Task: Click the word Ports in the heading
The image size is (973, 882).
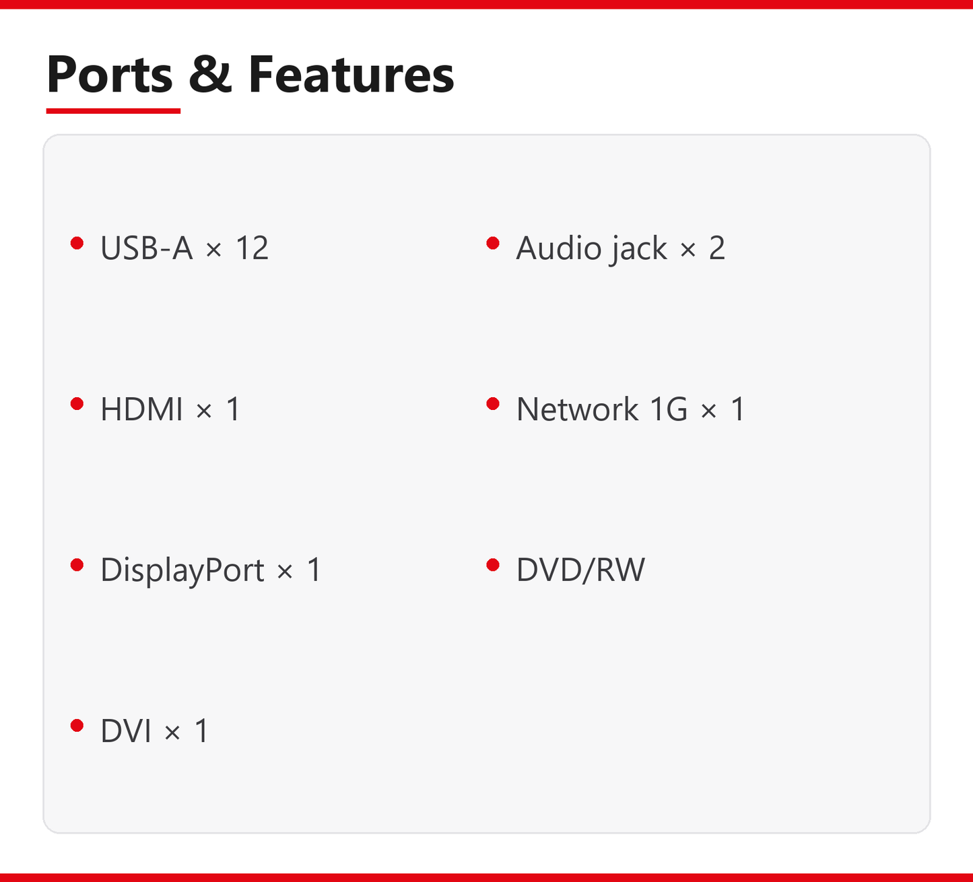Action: click(110, 74)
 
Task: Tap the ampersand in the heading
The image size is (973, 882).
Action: click(210, 74)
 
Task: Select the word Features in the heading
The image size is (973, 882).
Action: click(351, 74)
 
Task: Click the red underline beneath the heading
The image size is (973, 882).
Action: click(113, 111)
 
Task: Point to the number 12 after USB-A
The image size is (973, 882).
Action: click(252, 248)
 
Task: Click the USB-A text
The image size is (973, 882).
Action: click(147, 248)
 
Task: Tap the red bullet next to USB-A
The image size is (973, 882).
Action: click(77, 243)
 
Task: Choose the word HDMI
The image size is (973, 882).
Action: click(141, 409)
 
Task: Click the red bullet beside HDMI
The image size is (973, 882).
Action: click(77, 404)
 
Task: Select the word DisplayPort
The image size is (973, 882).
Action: click(182, 570)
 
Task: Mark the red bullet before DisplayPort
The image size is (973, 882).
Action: click(77, 565)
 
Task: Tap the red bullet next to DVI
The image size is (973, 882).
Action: click(77, 726)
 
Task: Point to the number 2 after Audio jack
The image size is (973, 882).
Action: click(717, 248)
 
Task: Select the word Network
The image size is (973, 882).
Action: click(577, 409)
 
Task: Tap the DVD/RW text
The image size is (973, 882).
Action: click(580, 570)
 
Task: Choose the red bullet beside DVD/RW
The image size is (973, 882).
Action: click(493, 565)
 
